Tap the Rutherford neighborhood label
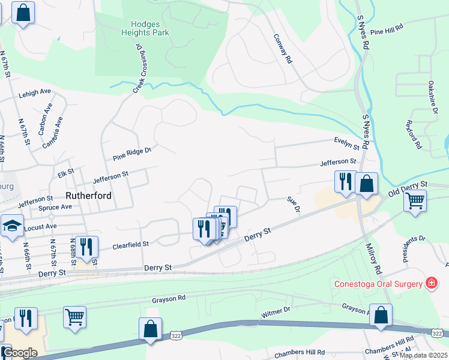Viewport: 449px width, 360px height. coord(88,196)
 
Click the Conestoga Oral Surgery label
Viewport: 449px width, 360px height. coord(376,283)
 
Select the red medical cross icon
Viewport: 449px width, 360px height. coord(430,283)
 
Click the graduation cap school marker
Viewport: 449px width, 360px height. coord(12,226)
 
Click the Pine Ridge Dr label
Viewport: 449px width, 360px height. coord(133,154)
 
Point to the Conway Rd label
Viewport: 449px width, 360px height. coord(282,49)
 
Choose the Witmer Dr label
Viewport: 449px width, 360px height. coord(276,313)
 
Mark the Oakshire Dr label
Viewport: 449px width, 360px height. coord(432,95)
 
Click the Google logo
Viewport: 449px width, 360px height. coord(20,353)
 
